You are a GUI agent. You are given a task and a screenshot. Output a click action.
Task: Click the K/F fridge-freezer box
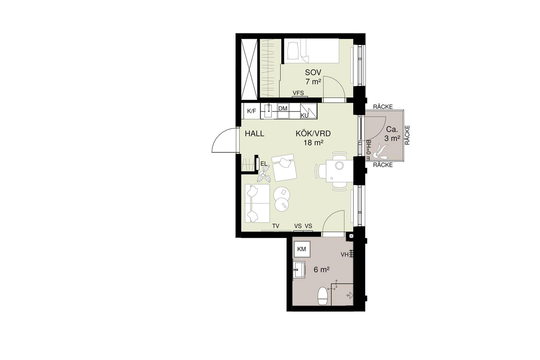(x=251, y=111)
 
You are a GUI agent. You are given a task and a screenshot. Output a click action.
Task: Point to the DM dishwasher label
(x=283, y=108)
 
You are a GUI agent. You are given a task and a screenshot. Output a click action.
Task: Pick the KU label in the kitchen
(x=304, y=116)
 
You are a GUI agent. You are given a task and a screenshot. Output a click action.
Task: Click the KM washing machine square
(x=301, y=249)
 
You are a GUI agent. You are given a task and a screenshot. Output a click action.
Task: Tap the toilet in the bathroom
(x=322, y=296)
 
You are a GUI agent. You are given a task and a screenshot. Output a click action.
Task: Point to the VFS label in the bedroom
(x=298, y=93)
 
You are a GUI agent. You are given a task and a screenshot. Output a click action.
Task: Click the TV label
(x=276, y=226)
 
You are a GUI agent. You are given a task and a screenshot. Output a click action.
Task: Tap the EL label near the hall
(x=264, y=164)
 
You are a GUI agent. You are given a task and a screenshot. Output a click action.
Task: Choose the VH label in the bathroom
(x=344, y=254)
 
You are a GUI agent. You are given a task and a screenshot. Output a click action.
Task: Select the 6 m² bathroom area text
(x=322, y=270)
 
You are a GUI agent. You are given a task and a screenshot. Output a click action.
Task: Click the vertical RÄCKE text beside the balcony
(x=407, y=135)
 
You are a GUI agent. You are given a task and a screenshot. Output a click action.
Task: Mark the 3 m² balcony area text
(x=392, y=139)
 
